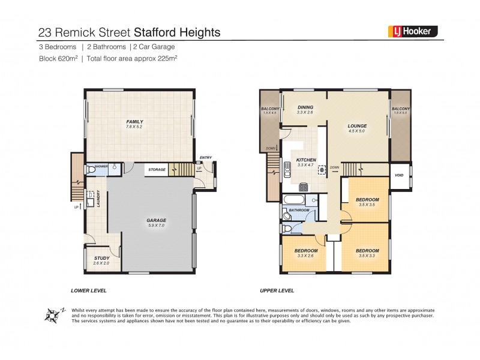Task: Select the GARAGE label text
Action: (157, 220)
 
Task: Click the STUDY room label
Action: (102, 258)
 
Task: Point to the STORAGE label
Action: (157, 170)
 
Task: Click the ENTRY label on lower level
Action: (206, 158)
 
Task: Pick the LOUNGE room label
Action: (358, 126)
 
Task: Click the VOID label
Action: (399, 175)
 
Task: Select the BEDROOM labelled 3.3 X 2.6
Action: (305, 251)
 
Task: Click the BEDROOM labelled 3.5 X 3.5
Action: (367, 200)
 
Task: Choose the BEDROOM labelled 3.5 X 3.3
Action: (367, 251)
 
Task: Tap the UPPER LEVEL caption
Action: (277, 290)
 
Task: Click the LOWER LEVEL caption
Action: (88, 290)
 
